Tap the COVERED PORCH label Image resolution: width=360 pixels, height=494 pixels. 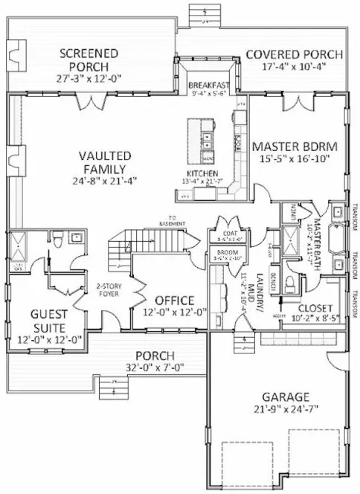point(294,55)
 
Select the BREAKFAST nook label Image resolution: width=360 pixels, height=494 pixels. point(208,85)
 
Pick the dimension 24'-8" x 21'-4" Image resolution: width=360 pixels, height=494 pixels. point(105,181)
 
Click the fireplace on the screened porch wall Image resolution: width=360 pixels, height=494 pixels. point(13,53)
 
